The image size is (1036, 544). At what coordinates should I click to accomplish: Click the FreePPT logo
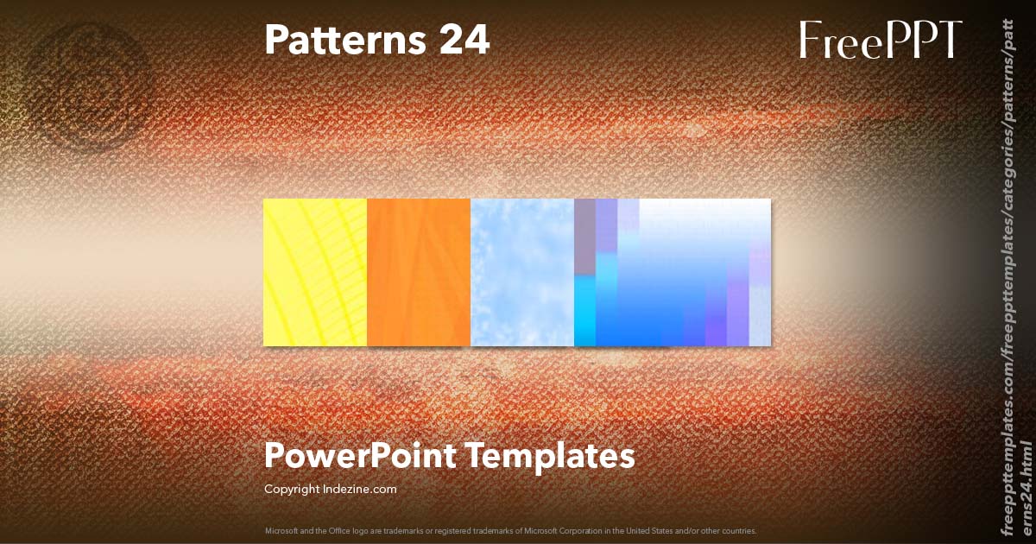point(880,40)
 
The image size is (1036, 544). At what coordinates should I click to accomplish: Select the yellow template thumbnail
point(315,272)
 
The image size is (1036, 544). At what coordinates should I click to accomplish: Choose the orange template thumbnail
point(419,272)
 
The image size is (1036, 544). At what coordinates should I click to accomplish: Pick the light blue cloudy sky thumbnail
point(522,272)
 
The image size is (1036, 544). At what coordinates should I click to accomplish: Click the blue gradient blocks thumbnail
point(673,272)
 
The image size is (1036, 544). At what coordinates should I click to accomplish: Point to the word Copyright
point(293,489)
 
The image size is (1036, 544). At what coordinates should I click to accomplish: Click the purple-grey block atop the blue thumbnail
point(584,237)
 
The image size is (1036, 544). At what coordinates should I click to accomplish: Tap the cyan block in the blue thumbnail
point(584,311)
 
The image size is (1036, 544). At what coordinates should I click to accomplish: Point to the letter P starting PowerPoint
point(274,455)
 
